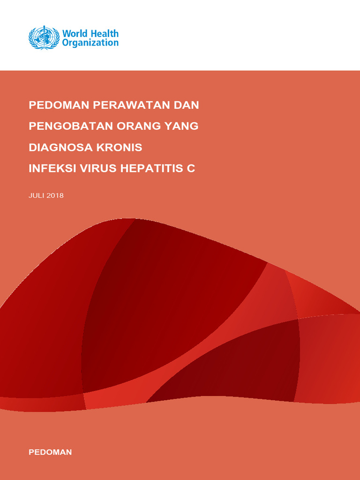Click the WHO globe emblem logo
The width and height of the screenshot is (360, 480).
pyautogui.click(x=44, y=38)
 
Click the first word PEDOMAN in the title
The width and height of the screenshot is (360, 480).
pyautogui.click(x=59, y=105)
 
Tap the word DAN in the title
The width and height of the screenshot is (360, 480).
pyautogui.click(x=186, y=105)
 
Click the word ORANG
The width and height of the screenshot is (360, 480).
pyautogui.click(x=138, y=126)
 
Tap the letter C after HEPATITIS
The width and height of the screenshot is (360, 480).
pyautogui.click(x=191, y=169)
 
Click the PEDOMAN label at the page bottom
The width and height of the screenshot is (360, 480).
pyautogui.click(x=50, y=452)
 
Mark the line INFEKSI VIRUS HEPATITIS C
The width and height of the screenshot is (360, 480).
pyautogui.click(x=112, y=169)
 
